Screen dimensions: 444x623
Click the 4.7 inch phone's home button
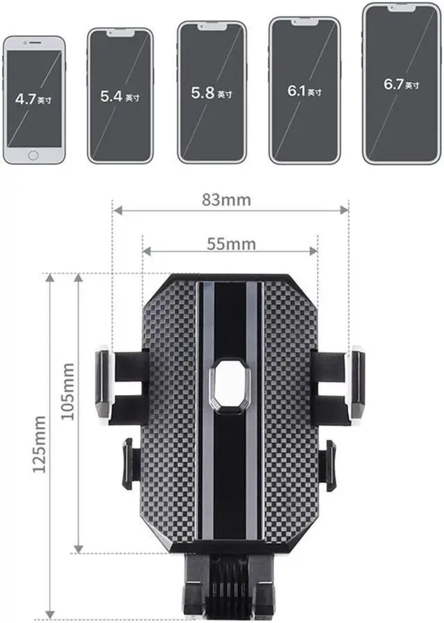tap(33, 155)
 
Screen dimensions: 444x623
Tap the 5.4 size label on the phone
tap(120, 96)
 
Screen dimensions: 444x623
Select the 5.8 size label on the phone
tap(212, 93)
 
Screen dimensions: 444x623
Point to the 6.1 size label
tap(305, 91)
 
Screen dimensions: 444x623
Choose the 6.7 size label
tap(401, 84)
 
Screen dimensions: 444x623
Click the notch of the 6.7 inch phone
tap(402, 9)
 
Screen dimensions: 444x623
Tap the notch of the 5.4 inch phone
tap(120, 33)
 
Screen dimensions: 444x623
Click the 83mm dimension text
tap(226, 200)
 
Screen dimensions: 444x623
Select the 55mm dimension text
tap(231, 243)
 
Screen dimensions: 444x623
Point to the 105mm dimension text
tap(68, 392)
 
